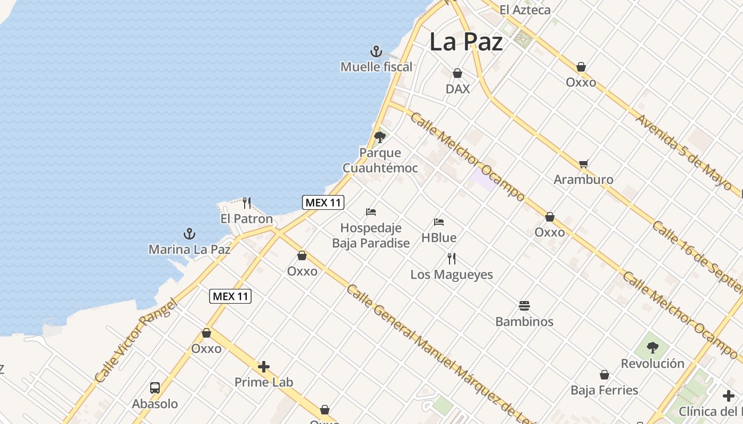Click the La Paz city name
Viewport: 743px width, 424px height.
[465, 42]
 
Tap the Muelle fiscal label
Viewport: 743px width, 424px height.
[376, 67]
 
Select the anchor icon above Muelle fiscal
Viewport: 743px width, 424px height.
[376, 52]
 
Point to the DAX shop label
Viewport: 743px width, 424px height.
[457, 89]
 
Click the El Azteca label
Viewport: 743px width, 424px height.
[525, 10]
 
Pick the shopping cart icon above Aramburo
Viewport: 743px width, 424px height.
[584, 164]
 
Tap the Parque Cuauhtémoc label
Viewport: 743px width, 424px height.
[380, 161]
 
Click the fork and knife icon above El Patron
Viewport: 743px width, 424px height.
[247, 203]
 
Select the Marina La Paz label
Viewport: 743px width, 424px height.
[189, 249]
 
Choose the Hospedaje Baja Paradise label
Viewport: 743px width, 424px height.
[371, 235]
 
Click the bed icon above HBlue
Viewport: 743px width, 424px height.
[439, 222]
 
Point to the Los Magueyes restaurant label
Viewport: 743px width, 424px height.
[452, 275]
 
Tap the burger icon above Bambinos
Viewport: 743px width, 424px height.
[524, 306]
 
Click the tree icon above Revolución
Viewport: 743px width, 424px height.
[653, 348]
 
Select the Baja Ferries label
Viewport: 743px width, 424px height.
[604, 391]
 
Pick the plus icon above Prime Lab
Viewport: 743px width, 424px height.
[264, 367]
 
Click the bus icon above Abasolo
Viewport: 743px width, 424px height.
[155, 388]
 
